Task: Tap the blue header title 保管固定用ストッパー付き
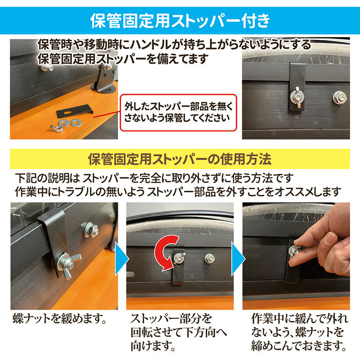pyautogui.click(x=180, y=21)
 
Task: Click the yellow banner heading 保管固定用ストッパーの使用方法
pyautogui.click(x=179, y=159)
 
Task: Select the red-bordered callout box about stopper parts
pyautogui.click(x=178, y=113)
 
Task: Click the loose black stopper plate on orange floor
pyautogui.click(x=74, y=111)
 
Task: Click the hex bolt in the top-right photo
pyautogui.click(x=339, y=97)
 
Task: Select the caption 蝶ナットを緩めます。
pyautogui.click(x=60, y=319)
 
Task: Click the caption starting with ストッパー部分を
pyautogui.click(x=178, y=332)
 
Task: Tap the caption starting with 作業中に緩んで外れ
pyautogui.click(x=299, y=332)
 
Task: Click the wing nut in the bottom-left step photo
pyautogui.click(x=69, y=264)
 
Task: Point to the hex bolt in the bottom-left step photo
pyautogui.click(x=90, y=229)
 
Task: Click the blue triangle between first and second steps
pyautogui.click(x=122, y=259)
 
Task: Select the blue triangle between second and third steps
pyautogui.click(x=238, y=259)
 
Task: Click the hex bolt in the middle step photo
pyautogui.click(x=209, y=259)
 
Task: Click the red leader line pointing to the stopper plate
pyautogui.click(x=106, y=114)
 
